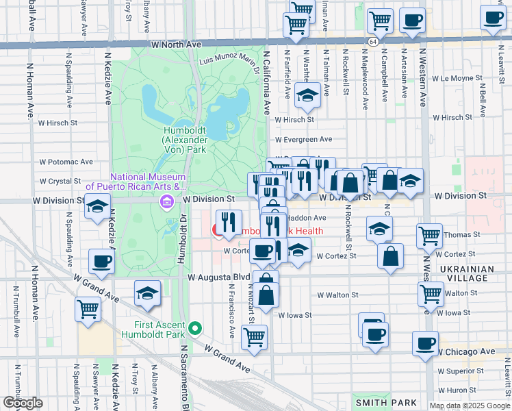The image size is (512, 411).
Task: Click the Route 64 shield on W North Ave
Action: point(370,41)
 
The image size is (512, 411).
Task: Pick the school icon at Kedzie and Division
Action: point(98,206)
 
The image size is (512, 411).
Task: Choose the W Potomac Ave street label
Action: point(66,162)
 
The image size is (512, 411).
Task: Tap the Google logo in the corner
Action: point(23,403)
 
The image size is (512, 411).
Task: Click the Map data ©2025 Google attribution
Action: point(469,406)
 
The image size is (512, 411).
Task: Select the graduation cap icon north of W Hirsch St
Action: point(308,97)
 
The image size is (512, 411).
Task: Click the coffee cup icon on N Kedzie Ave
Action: point(101,261)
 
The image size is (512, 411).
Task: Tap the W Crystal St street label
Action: point(60,182)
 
